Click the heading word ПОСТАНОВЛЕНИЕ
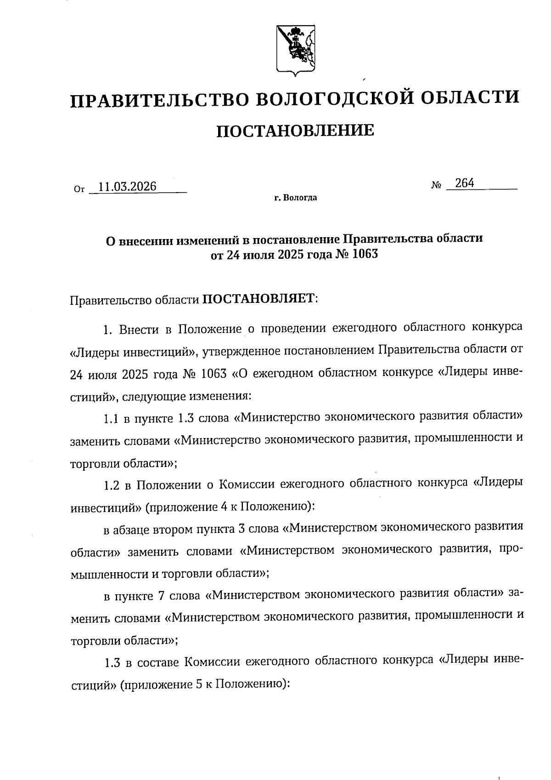[295, 131]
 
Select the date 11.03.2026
[128, 186]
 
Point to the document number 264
[465, 183]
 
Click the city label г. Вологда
[296, 199]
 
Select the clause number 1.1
[112, 418]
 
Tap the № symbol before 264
[436, 186]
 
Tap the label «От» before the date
[79, 189]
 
